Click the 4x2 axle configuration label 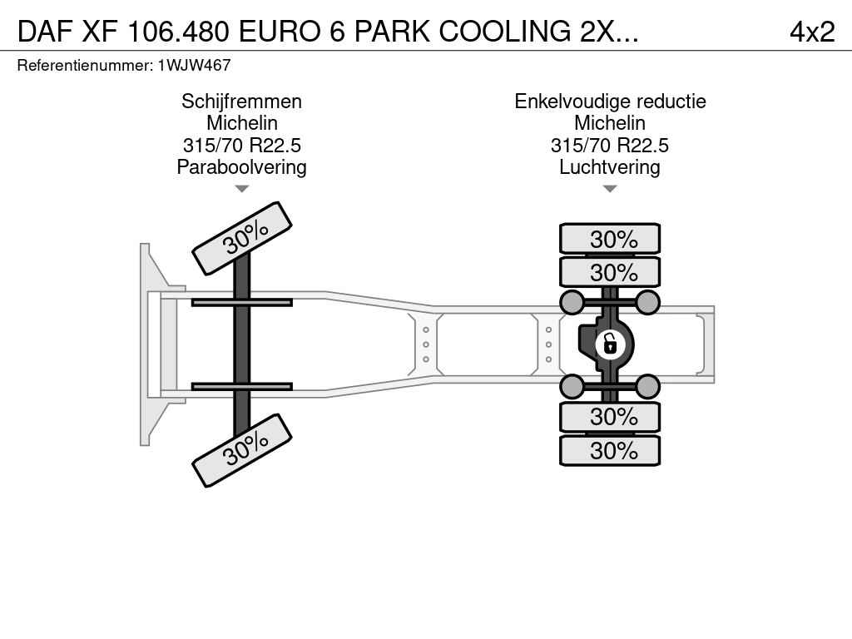812,32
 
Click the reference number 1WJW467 195,65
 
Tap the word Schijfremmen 242,102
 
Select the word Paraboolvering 242,167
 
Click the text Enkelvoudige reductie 610,102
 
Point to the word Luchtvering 610,167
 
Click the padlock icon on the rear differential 610,344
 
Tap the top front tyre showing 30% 242,239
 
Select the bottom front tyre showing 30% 242,450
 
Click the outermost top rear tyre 610,239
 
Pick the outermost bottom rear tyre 610,450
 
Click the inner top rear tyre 610,272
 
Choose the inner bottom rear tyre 610,417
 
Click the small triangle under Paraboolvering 242,189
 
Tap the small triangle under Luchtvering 610,189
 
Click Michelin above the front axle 242,123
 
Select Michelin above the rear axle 610,123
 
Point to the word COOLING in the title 505,32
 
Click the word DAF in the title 46,32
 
